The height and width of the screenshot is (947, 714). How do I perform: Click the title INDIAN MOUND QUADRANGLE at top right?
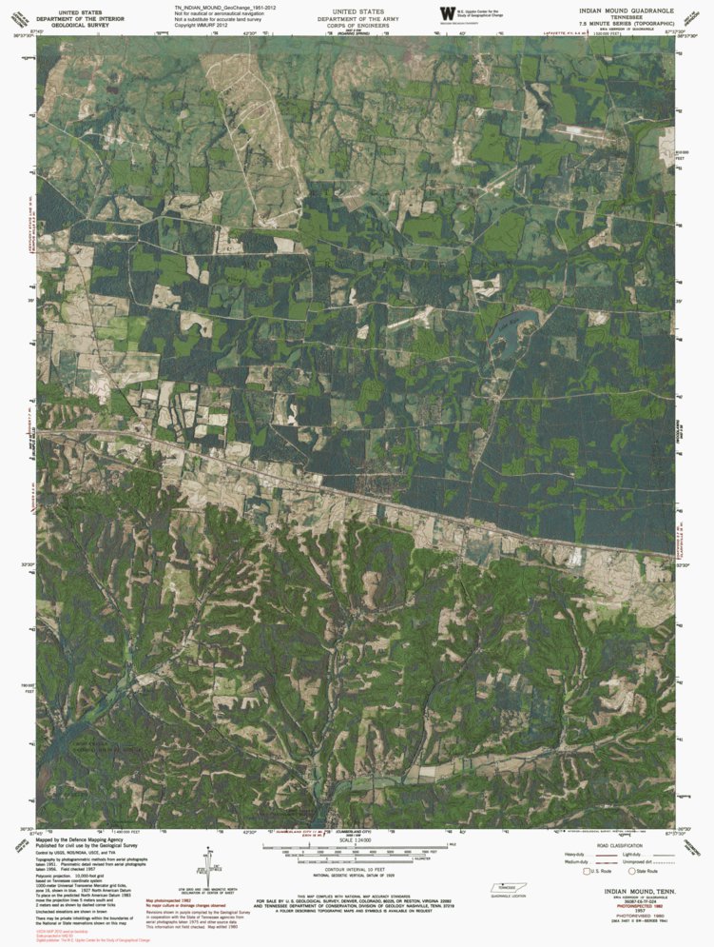pyautogui.click(x=628, y=10)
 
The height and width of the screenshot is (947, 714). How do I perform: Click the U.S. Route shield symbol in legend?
pyautogui.click(x=587, y=871)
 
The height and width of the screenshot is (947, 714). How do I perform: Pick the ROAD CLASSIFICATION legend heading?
pyautogui.click(x=615, y=844)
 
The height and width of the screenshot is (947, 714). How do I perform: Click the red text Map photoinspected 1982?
pyautogui.click(x=172, y=897)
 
